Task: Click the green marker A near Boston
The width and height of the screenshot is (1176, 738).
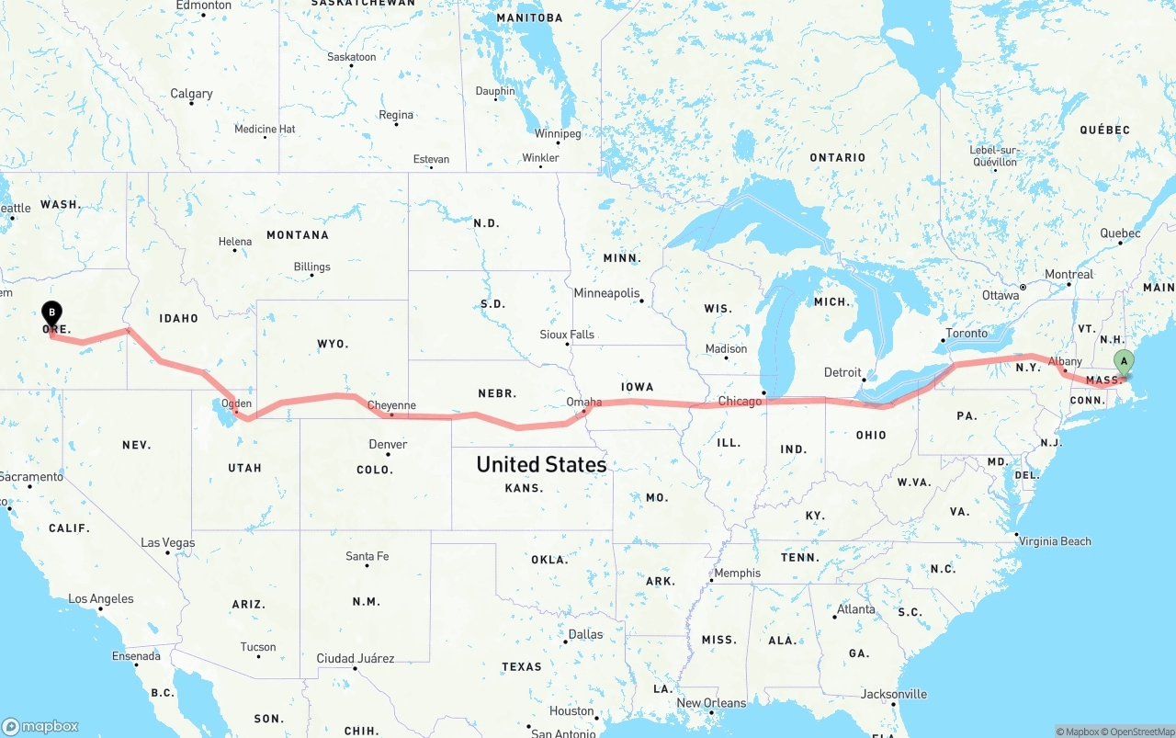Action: [1123, 363]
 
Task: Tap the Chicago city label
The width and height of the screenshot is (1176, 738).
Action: [740, 401]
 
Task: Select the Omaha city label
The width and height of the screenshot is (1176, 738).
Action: [584, 402]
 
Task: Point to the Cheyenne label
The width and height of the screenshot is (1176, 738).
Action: [391, 405]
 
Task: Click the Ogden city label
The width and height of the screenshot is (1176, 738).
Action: [236, 403]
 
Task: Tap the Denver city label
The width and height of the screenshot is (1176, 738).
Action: [388, 444]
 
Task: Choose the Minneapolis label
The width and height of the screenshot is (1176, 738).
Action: [606, 293]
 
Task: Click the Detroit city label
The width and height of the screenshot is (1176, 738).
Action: [842, 372]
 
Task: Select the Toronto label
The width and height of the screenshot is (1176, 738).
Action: [967, 334]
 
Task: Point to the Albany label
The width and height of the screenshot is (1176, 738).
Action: [1065, 361]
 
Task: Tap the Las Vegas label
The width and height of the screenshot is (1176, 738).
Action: [167, 542]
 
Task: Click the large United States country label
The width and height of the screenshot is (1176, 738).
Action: [541, 464]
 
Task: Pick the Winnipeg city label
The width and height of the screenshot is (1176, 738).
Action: [558, 134]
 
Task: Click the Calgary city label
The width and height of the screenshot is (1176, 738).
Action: [191, 94]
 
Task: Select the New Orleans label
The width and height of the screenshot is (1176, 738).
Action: [711, 703]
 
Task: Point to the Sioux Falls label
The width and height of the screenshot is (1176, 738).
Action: [567, 335]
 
